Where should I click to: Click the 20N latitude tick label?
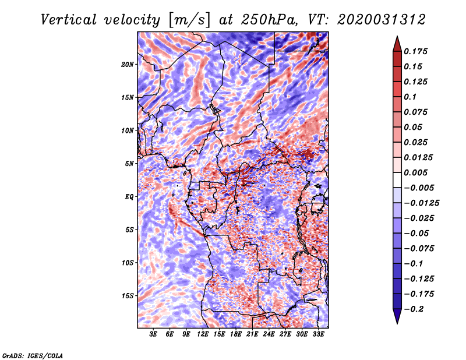pos(128,64)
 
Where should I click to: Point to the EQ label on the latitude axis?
pos(129,196)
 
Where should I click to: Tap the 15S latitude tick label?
pos(128,295)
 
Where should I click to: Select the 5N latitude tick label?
pos(129,164)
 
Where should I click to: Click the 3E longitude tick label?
pos(154,334)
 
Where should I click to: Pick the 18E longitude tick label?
pos(236,334)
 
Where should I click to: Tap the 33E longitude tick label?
pos(319,334)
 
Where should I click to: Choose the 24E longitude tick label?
pos(269,334)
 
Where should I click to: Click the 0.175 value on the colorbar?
pos(418,51)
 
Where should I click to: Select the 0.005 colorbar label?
pos(418,172)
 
